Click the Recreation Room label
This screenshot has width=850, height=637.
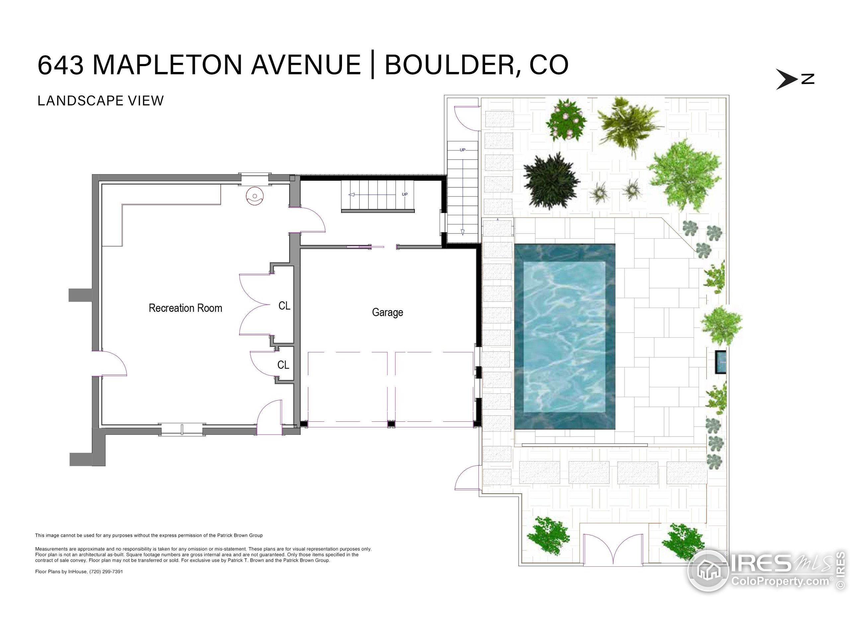185,308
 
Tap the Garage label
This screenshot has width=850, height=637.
387,312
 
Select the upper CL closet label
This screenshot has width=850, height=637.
284,306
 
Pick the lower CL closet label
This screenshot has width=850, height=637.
283,365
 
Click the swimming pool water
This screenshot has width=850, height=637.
564,336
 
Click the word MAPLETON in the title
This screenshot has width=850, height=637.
167,65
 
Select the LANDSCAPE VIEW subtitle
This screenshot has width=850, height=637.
101,101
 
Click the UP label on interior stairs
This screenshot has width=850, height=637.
405,194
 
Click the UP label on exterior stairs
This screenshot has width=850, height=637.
462,150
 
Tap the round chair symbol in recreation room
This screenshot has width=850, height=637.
255,196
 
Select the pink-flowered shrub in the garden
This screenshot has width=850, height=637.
566,120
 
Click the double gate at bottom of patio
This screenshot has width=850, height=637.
613,550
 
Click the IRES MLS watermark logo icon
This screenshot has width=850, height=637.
708,570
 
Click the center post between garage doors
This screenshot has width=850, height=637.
391,424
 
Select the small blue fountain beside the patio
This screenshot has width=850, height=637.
721,362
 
